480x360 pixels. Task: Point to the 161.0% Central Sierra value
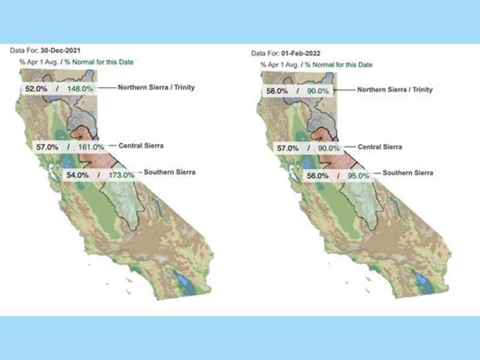coord(92,146)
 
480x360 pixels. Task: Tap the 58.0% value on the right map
coord(281,91)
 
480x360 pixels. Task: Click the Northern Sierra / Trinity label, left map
coord(156,87)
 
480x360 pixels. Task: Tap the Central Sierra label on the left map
coord(142,145)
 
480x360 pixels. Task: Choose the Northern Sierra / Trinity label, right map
coord(395,89)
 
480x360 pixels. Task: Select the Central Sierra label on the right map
coord(380,146)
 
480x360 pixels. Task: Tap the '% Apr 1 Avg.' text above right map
coord(280,64)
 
